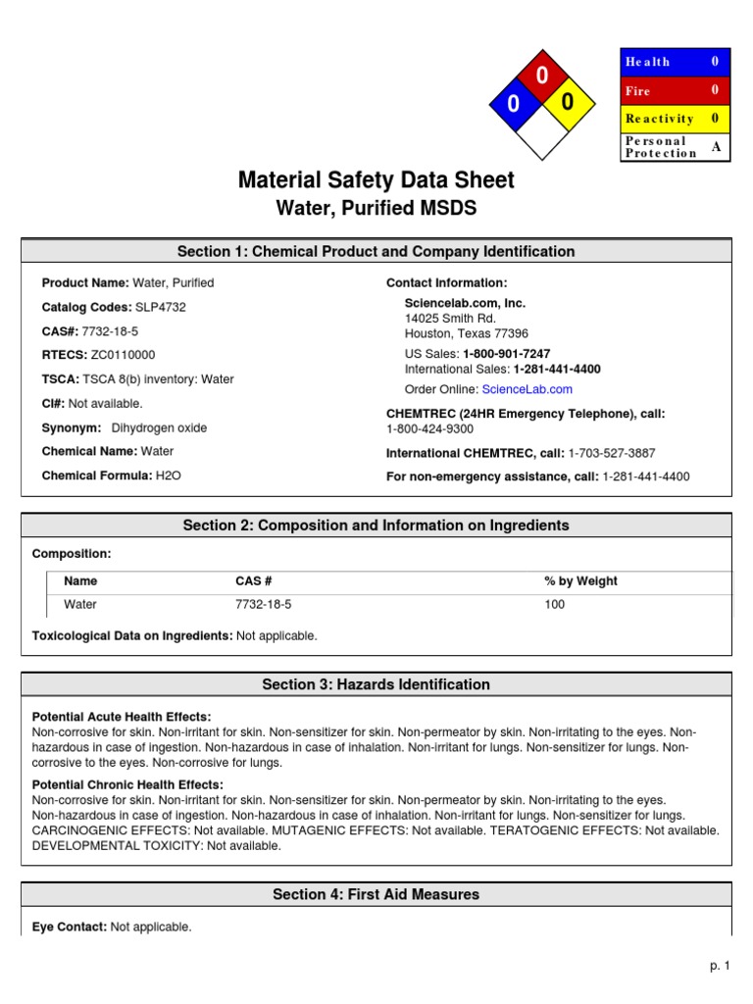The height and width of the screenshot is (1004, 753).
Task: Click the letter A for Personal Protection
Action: (x=715, y=147)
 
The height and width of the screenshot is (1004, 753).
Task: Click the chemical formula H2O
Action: (x=168, y=476)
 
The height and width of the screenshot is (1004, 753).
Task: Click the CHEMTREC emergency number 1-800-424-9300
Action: (x=429, y=428)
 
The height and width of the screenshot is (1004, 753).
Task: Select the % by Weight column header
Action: (x=580, y=580)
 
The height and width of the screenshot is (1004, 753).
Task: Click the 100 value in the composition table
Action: (x=555, y=604)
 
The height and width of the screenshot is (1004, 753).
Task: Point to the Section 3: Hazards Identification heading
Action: (x=376, y=684)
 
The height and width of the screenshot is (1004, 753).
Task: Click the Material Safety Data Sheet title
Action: (x=376, y=180)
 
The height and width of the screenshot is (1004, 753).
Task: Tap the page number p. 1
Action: (x=721, y=966)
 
